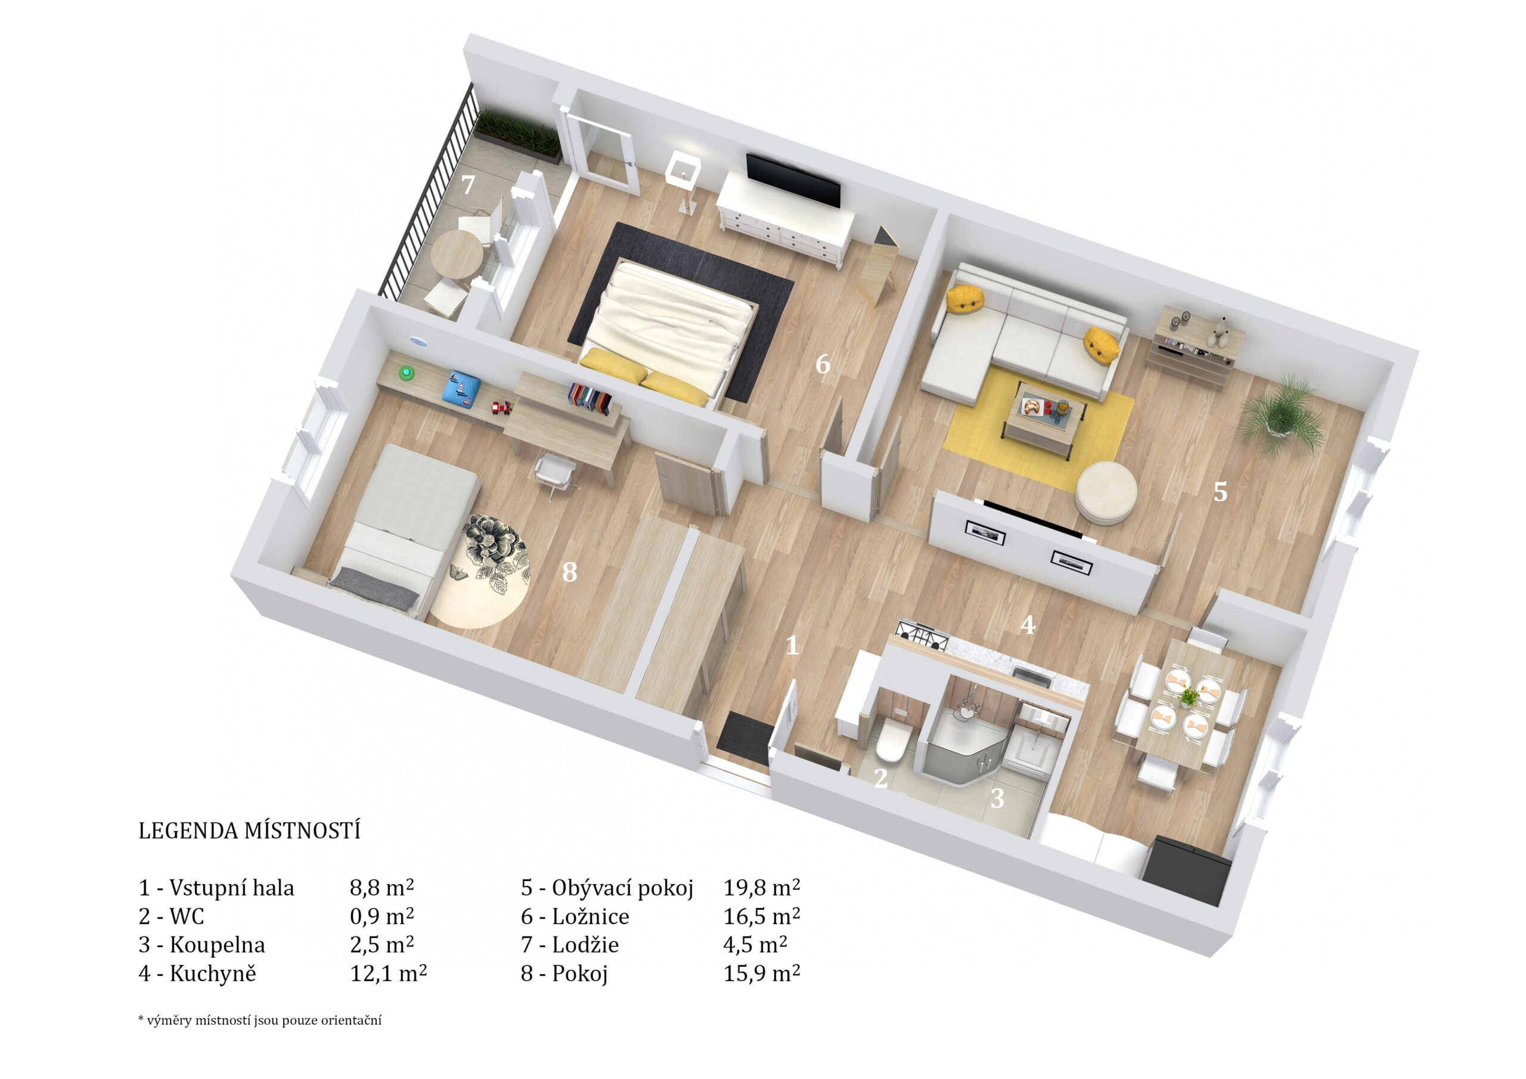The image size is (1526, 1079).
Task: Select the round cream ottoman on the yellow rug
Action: (1106, 492)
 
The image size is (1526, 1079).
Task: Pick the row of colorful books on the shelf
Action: (590, 400)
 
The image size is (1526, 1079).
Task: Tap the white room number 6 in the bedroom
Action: (822, 364)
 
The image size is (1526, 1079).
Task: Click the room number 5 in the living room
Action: (1220, 491)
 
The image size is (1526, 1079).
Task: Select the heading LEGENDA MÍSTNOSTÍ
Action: (249, 831)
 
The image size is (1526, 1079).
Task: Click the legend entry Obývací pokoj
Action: (622, 888)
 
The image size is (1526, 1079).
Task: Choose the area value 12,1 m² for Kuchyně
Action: (388, 973)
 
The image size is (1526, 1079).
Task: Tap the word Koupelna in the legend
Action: (218, 945)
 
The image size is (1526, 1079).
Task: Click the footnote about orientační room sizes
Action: (260, 1021)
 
